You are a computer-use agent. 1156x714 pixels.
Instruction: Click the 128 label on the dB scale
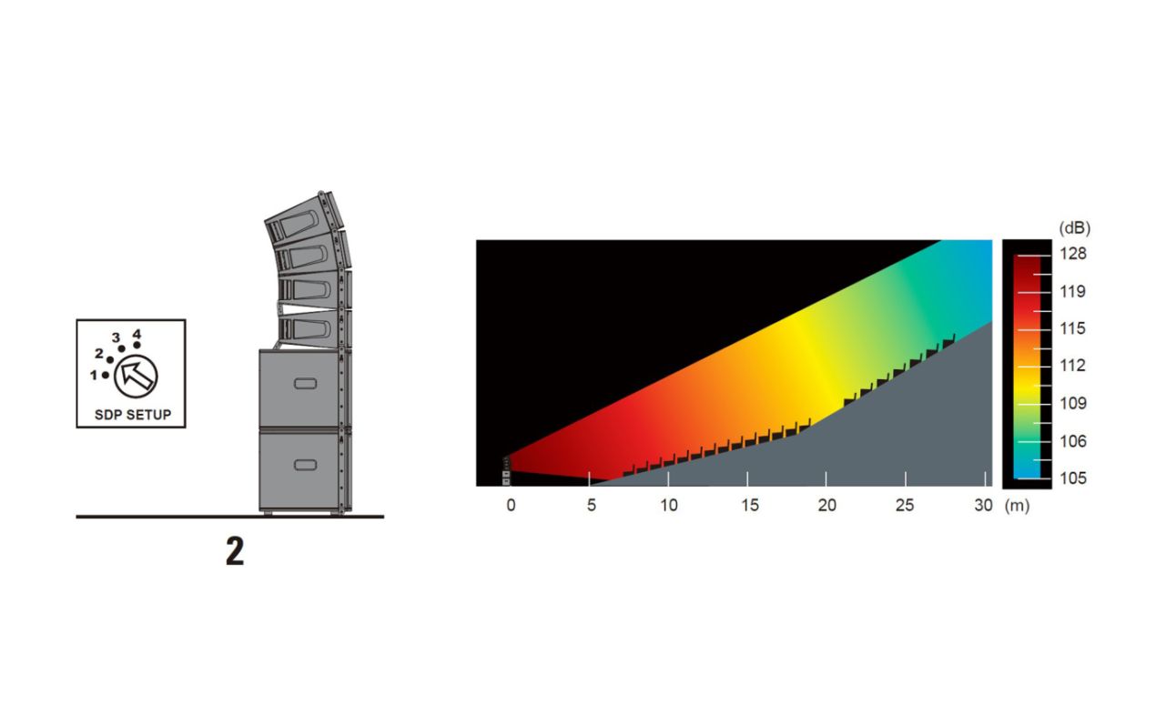tap(1073, 254)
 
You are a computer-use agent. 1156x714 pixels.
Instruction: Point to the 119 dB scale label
tap(1073, 292)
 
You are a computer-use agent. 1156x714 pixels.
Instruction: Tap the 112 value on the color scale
tap(1073, 366)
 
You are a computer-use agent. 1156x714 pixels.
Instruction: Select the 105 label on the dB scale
tap(1073, 478)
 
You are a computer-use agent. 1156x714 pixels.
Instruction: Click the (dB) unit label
tap(1074, 228)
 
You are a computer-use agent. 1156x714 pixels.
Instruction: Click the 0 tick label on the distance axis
tap(511, 505)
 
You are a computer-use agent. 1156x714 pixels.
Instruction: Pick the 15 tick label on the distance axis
tap(750, 505)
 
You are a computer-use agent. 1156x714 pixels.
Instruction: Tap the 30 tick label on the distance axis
tap(984, 505)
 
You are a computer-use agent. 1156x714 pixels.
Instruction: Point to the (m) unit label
tap(1017, 506)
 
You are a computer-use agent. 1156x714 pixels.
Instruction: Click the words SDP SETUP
tap(133, 415)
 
